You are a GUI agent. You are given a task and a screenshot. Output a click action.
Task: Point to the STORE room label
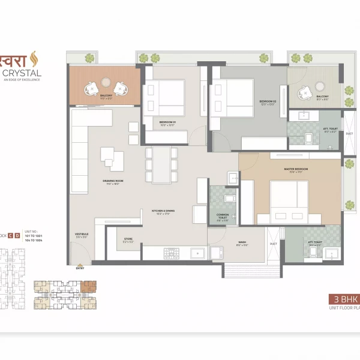128,239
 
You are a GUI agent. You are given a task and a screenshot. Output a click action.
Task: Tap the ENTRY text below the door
80,268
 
